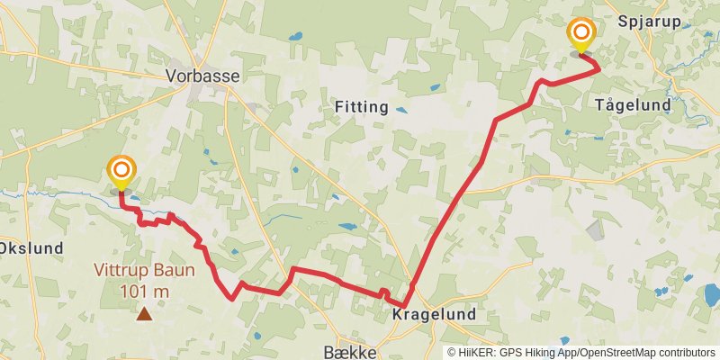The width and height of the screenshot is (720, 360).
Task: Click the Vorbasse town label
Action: (202, 76)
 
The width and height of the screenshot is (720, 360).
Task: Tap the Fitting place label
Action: (361, 107)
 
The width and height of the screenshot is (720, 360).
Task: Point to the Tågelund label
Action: (633, 105)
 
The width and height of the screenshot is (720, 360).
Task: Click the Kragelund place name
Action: (434, 315)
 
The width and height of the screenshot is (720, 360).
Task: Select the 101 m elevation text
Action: (144, 291)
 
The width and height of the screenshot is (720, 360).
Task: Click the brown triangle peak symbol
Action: (144, 313)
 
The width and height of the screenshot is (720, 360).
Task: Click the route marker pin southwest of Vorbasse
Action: (121, 171)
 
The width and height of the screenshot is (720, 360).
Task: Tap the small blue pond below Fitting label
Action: (401, 111)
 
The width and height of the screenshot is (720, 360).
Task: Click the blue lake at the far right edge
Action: (711, 293)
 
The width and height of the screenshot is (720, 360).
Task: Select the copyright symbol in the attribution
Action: (453, 353)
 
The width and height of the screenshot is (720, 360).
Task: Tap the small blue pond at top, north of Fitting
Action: (296, 38)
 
